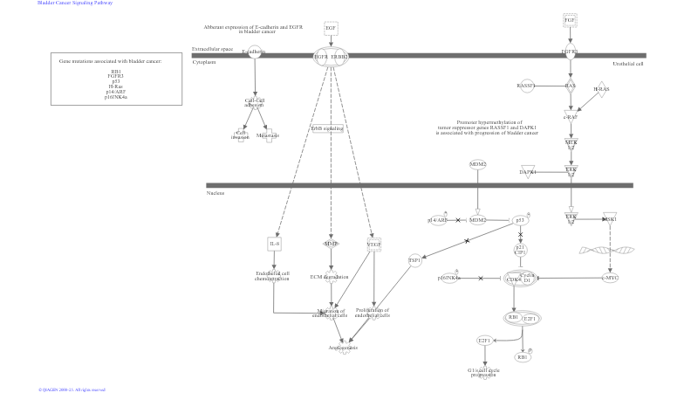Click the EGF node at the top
pos(331,29)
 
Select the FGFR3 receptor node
pos(570,52)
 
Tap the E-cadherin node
pos(254,52)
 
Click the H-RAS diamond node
pos(600,89)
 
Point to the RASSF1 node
pos(526,86)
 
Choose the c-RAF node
pos(571,116)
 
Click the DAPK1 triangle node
pos(527,172)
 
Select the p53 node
pos(520,220)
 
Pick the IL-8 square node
pos(275,244)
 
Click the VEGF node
pos(373,244)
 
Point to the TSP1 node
pos(414,260)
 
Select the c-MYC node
pos(610,278)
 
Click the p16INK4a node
pos(448,278)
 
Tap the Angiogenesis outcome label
pos(343,348)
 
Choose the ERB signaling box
pos(326,128)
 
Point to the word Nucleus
pos(216,193)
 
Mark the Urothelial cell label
pos(628,63)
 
